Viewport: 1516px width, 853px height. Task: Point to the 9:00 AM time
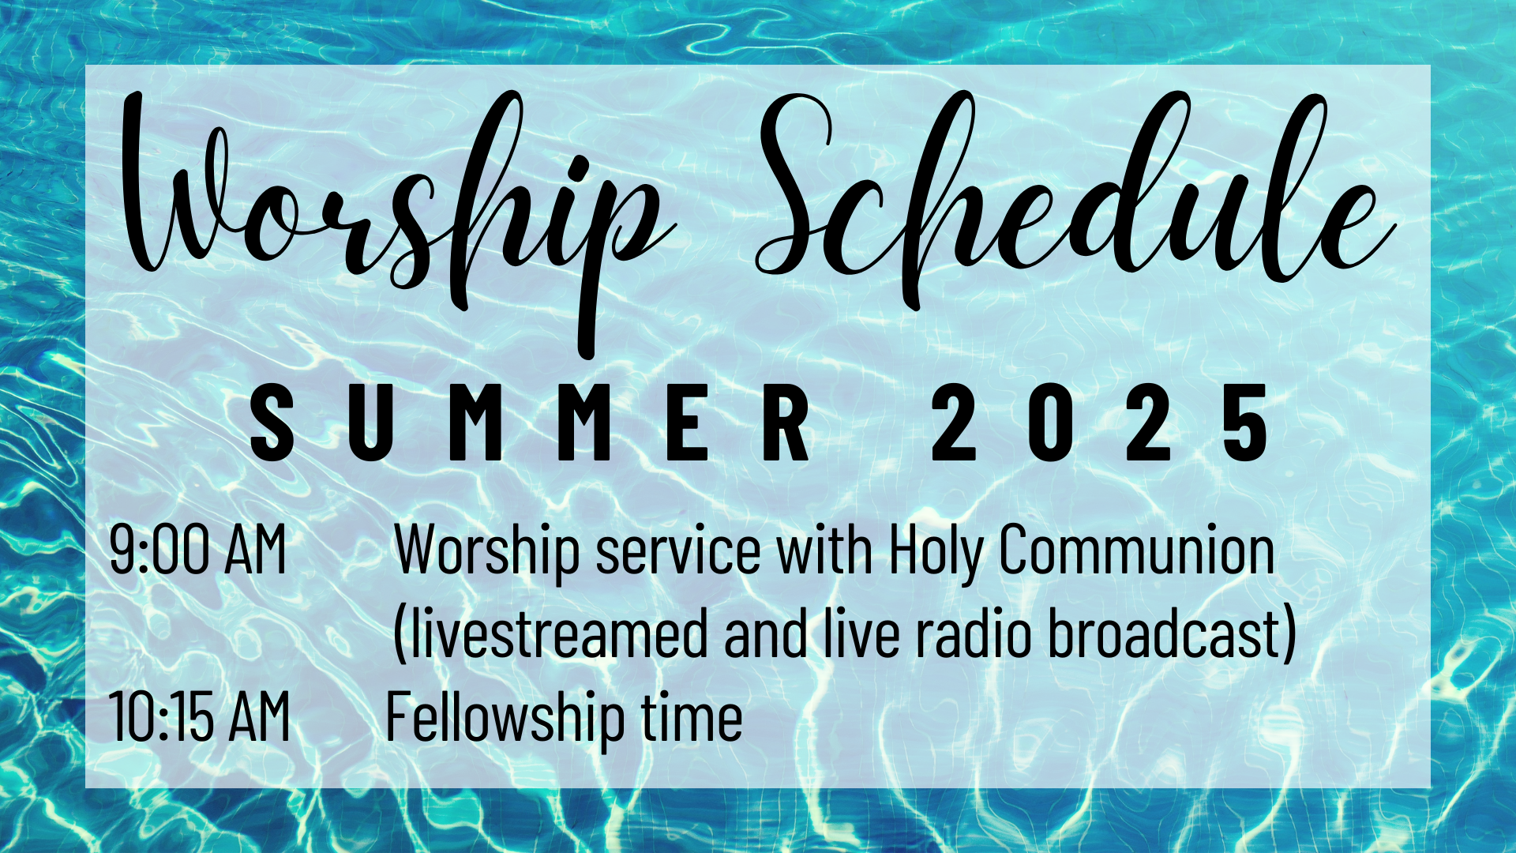click(x=197, y=550)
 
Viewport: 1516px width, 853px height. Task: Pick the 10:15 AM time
click(x=200, y=716)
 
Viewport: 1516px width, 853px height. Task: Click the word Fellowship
click(x=505, y=719)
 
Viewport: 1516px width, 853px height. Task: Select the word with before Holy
click(x=825, y=550)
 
